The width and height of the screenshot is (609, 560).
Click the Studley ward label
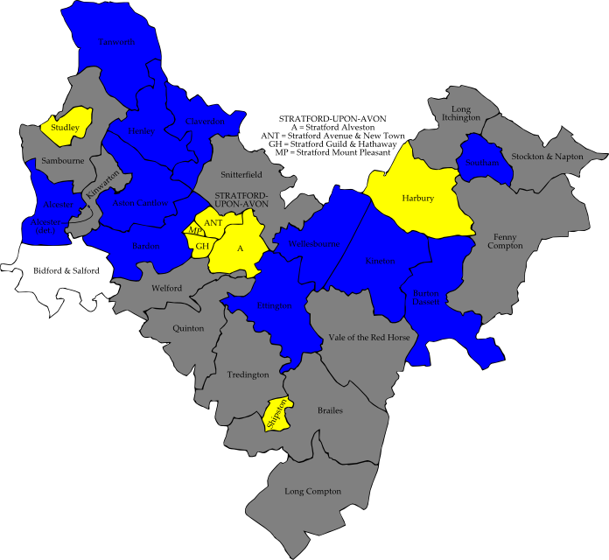(x=66, y=128)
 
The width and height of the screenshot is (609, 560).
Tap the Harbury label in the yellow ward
(x=418, y=199)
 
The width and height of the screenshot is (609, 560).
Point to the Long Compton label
(x=312, y=492)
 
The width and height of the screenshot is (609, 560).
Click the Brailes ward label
(x=330, y=410)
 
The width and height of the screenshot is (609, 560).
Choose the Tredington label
(x=248, y=374)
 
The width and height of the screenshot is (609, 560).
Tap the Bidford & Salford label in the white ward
(x=66, y=270)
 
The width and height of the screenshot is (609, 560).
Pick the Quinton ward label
(x=187, y=328)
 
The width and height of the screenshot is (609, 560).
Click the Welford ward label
(x=165, y=288)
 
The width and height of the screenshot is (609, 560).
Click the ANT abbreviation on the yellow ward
(x=212, y=224)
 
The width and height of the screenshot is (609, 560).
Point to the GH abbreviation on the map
(x=202, y=246)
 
